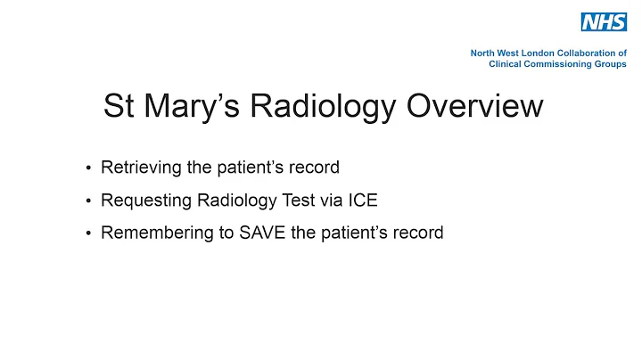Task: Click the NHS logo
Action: (x=604, y=22)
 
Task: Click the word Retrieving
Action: (x=137, y=168)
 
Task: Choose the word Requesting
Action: (x=142, y=200)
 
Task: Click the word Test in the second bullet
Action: (x=289, y=200)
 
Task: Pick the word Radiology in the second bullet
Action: (x=227, y=200)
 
